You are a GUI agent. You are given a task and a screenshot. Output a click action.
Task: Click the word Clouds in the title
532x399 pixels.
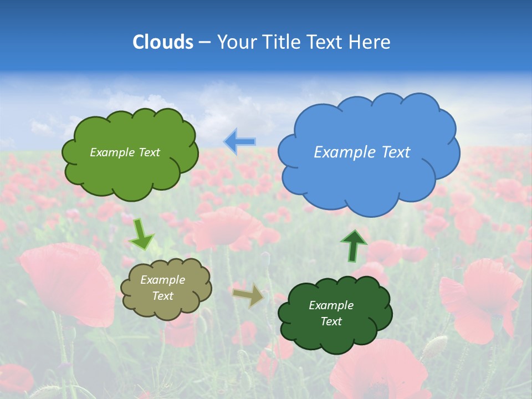tap(163, 42)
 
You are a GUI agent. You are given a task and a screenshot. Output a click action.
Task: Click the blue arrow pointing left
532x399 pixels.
tap(240, 142)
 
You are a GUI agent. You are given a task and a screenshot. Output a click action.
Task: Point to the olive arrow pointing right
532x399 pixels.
tap(248, 295)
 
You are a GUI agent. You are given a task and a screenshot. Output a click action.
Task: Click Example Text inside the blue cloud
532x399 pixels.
tap(362, 152)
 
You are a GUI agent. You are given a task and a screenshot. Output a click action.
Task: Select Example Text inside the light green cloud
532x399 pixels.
tap(125, 152)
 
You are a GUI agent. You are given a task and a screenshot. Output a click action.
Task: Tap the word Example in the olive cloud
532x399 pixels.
tap(162, 280)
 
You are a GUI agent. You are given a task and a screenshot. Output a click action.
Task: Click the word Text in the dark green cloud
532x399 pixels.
tap(331, 321)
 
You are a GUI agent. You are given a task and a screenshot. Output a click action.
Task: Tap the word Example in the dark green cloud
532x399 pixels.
tap(331, 305)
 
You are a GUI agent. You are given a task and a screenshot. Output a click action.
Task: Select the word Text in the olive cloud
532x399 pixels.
tap(162, 296)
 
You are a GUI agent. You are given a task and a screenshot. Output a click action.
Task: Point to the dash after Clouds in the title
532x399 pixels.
tap(204, 43)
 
